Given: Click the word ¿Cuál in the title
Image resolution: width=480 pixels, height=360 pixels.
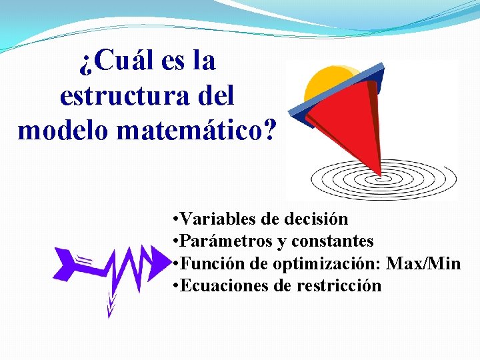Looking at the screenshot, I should click(117, 62).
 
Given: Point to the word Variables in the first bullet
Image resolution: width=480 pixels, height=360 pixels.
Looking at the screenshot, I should click(211, 219).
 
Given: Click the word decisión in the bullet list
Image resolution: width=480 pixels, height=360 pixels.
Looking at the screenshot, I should click(315, 219).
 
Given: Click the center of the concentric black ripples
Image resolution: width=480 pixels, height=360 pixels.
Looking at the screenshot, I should click(382, 179).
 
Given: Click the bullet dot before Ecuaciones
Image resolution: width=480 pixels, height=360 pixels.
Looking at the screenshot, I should click(173, 286).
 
